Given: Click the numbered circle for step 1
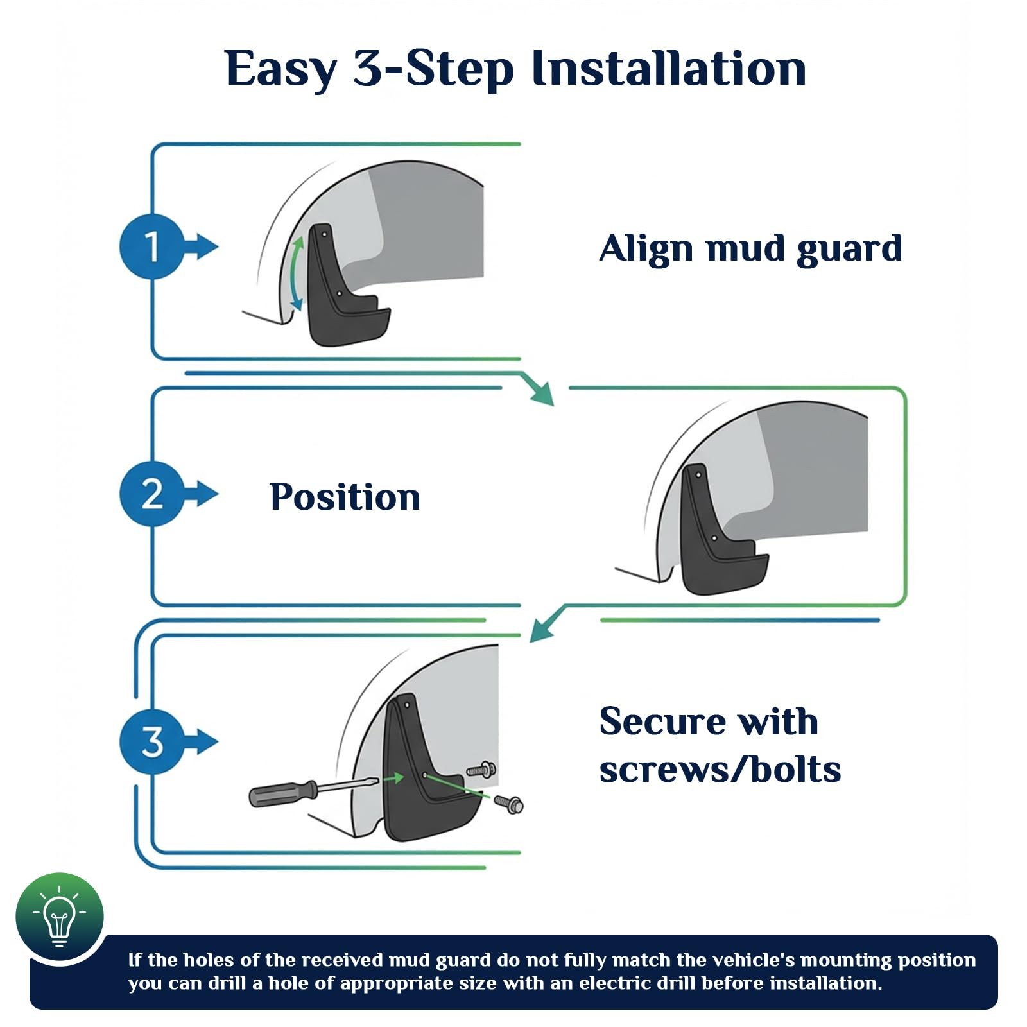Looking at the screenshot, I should pyautogui.click(x=151, y=246).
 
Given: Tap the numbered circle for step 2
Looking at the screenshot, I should pyautogui.click(x=151, y=494).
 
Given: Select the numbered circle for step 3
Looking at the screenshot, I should pyautogui.click(x=151, y=742).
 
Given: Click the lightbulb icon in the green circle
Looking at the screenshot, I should pyautogui.click(x=59, y=917).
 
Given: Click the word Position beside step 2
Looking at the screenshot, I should pyautogui.click(x=345, y=497).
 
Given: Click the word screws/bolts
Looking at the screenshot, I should pyautogui.click(x=720, y=770).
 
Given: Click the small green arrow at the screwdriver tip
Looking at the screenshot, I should pyautogui.click(x=395, y=778).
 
